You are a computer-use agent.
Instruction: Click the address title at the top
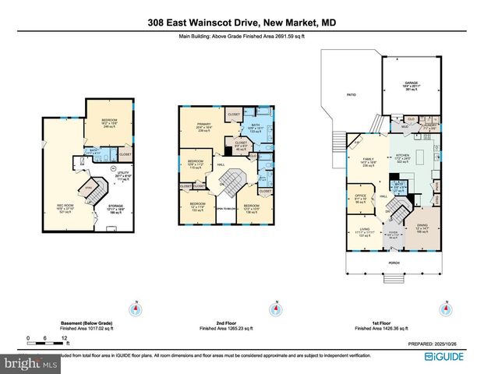[242, 23]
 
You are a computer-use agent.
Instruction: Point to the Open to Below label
[226, 210]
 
